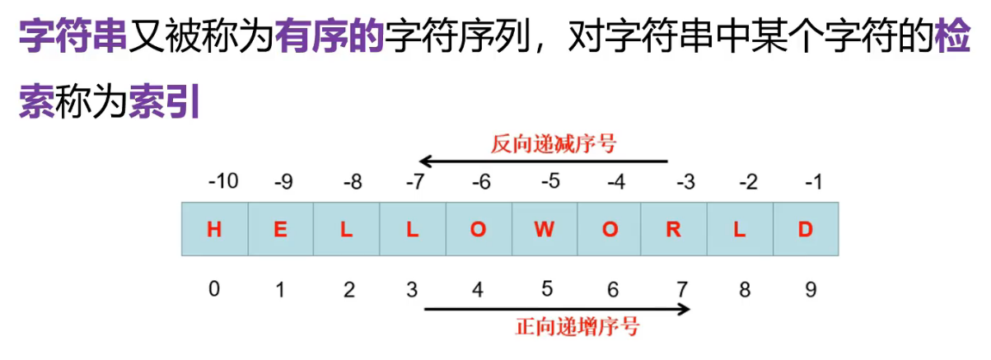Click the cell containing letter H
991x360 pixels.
[214, 230]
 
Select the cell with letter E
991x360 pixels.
[280, 230]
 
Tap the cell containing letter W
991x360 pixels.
[544, 230]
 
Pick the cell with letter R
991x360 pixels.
[674, 230]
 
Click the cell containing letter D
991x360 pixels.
[805, 230]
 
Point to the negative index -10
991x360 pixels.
[222, 180]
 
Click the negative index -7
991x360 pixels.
[414, 181]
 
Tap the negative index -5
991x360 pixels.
[550, 181]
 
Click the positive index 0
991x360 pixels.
[214, 289]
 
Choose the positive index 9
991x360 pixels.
[812, 289]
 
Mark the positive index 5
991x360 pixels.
[547, 289]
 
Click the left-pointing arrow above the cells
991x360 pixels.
[543, 161]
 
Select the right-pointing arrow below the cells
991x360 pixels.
[557, 310]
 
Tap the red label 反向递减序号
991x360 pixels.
[554, 144]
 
